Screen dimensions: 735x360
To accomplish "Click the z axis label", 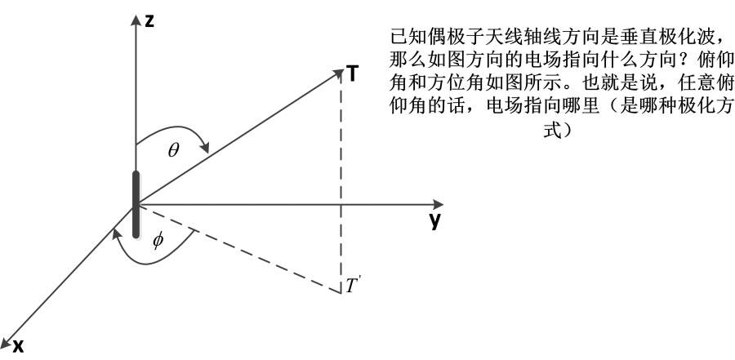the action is pos(149,21).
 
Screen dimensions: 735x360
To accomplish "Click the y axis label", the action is pos(435,221).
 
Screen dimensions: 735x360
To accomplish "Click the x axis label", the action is pos(18,346).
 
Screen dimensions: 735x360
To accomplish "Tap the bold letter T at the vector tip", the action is pos(353,74).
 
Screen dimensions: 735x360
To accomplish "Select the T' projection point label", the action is pos(352,286).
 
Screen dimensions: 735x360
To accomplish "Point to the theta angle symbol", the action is pos(173,150).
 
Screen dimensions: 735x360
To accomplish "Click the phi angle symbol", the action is pos(158,241).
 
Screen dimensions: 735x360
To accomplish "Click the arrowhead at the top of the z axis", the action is pos(136,20).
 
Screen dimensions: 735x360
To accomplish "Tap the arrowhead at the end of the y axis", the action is pos(438,204).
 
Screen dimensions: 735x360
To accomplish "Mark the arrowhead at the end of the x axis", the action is pos(6,342).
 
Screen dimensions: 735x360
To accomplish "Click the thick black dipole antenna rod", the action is pos(136,204).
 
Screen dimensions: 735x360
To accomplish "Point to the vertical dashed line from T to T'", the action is pos(341,183).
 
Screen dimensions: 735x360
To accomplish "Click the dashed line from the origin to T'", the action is pos(238,248).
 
